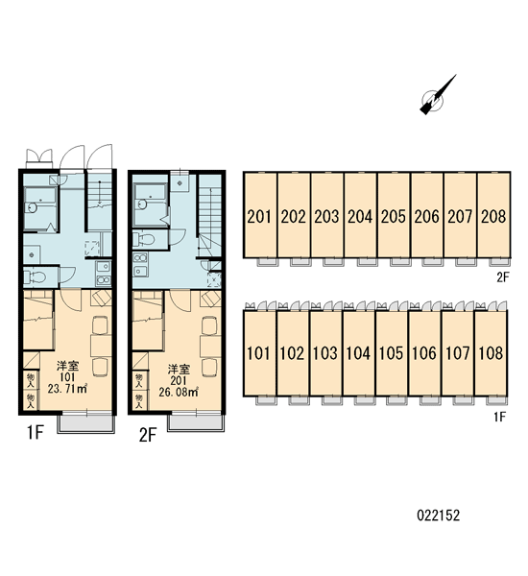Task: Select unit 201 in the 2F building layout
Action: pos(260,215)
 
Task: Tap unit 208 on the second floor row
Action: pos(493,215)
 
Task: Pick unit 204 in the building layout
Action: pos(360,215)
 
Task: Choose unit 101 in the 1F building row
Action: pos(258,353)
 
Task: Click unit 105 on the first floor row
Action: pos(392,353)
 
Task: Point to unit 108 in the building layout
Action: pos(491,353)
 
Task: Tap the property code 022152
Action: pos(439,516)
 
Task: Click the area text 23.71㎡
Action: pos(67,388)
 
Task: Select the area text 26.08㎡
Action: pos(179,392)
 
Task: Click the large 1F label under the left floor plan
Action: pos(36,432)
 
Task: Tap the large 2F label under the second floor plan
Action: pos(148,435)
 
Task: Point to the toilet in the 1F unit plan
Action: pos(35,276)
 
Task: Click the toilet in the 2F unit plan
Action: pos(144,239)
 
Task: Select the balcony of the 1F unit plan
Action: pos(86,423)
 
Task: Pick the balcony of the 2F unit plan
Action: pos(196,422)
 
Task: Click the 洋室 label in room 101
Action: pos(67,366)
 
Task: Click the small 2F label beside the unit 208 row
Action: pos(503,277)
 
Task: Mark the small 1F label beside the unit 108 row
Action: pos(500,417)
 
